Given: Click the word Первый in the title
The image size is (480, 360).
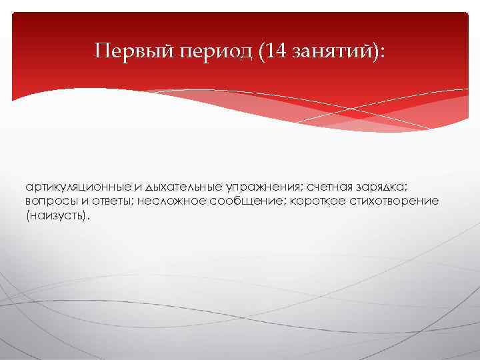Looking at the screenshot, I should [134, 51].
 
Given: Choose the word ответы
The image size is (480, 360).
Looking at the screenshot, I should [110, 201].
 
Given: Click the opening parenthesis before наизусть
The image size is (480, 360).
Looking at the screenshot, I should [29, 217].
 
